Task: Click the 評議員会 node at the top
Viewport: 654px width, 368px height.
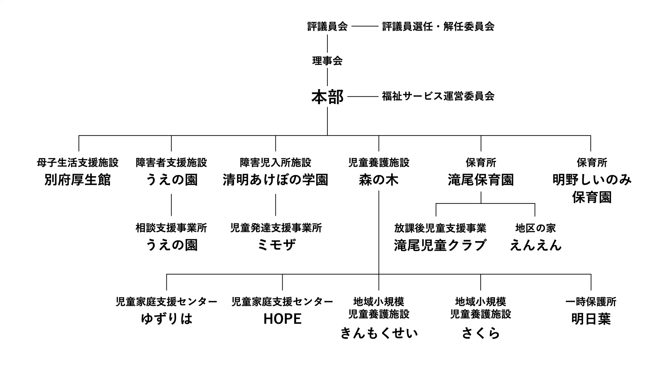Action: [x=327, y=27]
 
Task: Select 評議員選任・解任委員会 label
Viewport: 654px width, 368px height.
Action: [x=438, y=27]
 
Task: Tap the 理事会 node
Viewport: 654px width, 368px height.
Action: [x=327, y=61]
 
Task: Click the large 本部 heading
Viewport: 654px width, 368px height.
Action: [x=327, y=97]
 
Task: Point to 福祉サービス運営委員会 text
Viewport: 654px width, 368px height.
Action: [x=438, y=96]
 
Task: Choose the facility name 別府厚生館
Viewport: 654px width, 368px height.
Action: [x=78, y=180]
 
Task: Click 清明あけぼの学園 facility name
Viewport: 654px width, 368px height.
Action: [x=275, y=180]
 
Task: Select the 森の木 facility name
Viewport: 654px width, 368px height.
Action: [x=379, y=180]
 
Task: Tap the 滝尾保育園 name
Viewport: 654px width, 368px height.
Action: [x=481, y=180]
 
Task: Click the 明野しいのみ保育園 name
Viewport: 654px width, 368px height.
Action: [x=592, y=189]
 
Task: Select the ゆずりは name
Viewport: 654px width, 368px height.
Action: [x=166, y=319]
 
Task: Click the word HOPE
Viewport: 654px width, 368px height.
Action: [x=282, y=319]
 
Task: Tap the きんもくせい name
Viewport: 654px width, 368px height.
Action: [x=379, y=333]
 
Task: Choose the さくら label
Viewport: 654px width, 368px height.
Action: [x=481, y=333]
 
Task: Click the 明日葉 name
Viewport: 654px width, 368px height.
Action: [x=591, y=319]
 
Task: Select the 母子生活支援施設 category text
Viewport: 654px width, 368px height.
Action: [x=78, y=162]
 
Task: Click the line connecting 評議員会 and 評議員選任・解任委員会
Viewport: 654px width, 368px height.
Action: [x=365, y=27]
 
